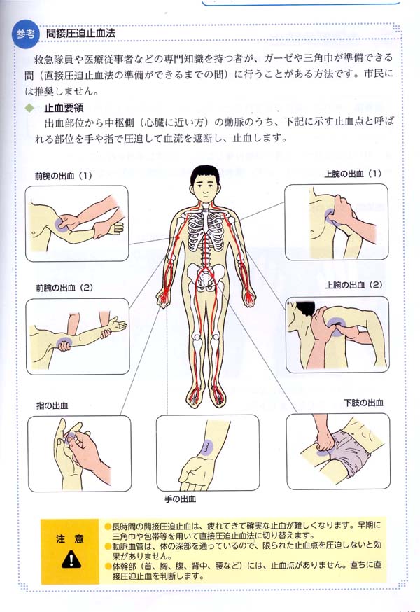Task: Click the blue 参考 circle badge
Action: [x=25, y=34]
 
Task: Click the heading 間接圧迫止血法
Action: [x=80, y=33]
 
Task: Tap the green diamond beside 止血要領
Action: [x=30, y=108]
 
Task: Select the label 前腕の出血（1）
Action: [x=63, y=176]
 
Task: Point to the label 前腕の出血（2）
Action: [x=64, y=288]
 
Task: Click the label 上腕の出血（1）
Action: [x=353, y=174]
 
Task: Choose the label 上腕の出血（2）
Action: [x=354, y=285]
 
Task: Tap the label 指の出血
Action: [x=52, y=405]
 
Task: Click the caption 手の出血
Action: [x=180, y=499]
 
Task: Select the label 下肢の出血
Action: [x=363, y=403]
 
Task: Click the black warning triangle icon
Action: [x=71, y=559]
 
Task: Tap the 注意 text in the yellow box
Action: [x=69, y=538]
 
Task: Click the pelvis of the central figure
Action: [x=206, y=277]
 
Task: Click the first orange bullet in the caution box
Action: [x=108, y=526]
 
